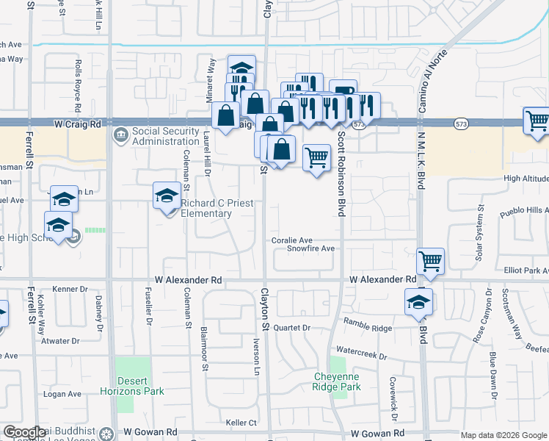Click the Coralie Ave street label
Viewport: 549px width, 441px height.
point(292,240)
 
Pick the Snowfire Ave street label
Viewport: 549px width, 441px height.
point(310,249)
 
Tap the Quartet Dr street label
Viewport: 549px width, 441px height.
point(292,328)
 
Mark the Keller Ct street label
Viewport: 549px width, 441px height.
point(241,423)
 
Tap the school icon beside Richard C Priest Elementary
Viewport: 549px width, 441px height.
point(167,195)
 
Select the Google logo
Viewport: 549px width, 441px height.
point(24,432)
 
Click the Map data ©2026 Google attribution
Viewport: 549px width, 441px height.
point(503,435)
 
